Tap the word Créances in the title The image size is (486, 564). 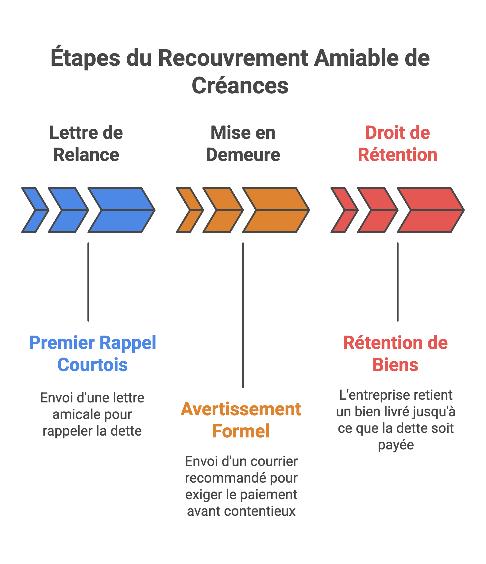(x=240, y=86)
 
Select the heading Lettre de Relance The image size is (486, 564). (x=86, y=143)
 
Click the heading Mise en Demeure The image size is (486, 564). (x=243, y=143)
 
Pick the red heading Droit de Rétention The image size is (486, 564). (x=398, y=143)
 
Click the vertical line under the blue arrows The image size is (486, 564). (x=88, y=282)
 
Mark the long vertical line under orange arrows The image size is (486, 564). (x=243, y=315)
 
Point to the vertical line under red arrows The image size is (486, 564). (x=398, y=282)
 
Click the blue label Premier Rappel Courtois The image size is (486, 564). (x=92, y=354)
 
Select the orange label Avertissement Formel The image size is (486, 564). (x=241, y=420)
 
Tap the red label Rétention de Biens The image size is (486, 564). (x=395, y=354)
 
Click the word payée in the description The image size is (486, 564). (x=396, y=445)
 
